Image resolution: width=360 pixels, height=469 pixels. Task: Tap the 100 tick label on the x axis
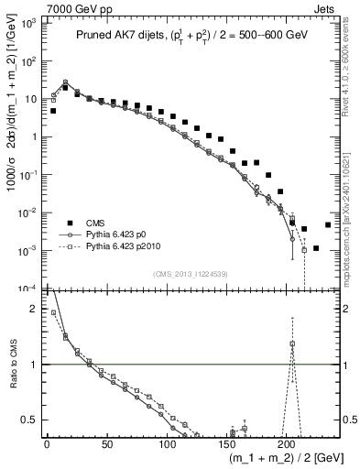pos(167,443)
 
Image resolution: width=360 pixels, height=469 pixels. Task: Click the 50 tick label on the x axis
pos(106,443)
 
